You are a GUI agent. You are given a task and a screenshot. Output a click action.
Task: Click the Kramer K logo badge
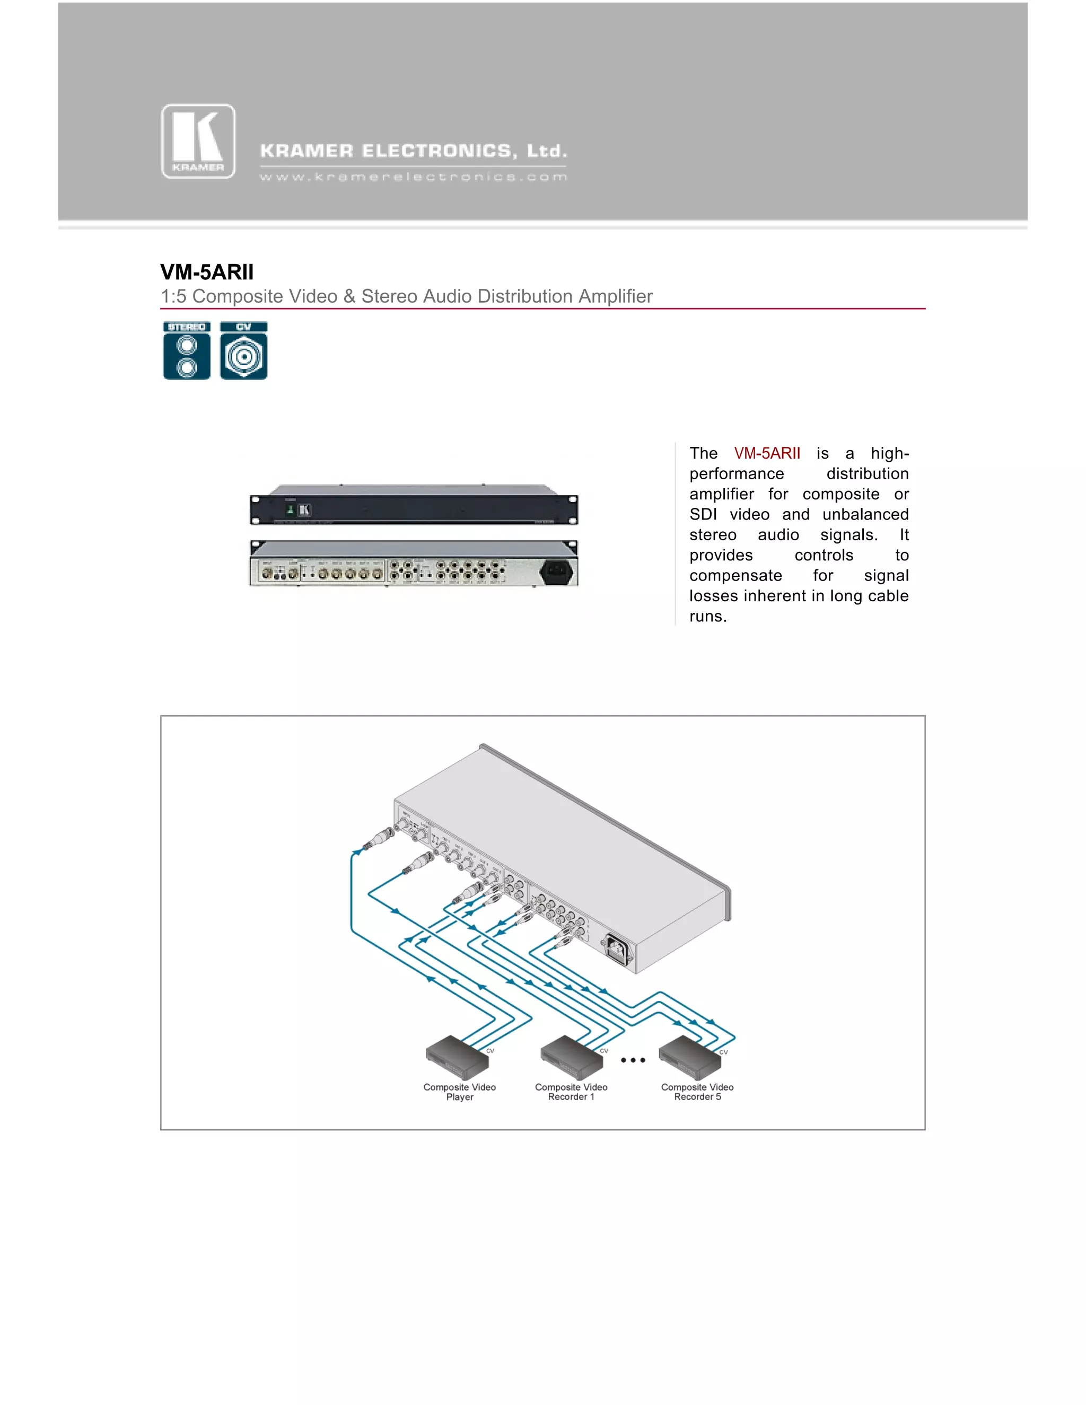point(198,142)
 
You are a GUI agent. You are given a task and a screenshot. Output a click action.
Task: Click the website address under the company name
point(413,177)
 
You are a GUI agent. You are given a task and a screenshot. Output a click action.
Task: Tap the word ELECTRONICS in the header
point(437,151)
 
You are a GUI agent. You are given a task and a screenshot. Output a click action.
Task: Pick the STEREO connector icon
point(187,350)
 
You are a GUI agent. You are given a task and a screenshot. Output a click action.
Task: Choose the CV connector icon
point(244,350)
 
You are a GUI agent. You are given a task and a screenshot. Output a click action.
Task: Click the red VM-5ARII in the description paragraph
point(767,453)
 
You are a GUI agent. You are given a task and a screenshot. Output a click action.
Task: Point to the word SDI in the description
point(703,515)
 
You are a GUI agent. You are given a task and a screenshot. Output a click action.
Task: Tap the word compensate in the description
point(735,576)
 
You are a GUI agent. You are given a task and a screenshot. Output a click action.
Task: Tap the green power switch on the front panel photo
point(290,510)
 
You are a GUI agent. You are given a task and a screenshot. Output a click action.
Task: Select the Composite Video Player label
point(459,1092)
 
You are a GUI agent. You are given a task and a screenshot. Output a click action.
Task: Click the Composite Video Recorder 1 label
point(571,1092)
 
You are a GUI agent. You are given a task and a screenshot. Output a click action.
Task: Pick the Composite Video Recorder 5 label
point(697,1092)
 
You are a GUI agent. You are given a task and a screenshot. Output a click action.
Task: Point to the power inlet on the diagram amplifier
point(616,949)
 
